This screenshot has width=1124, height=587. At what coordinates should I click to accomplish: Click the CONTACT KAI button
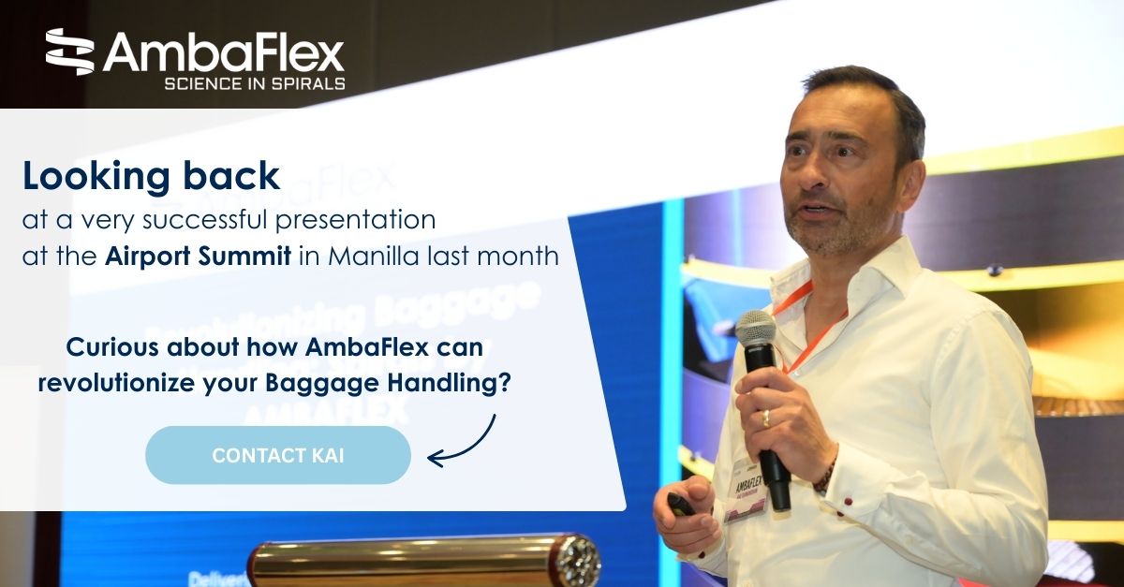point(277,455)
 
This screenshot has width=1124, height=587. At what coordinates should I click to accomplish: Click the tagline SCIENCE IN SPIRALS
point(254,83)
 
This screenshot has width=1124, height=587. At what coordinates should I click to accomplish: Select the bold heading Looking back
point(151,176)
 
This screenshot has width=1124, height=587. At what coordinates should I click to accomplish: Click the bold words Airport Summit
point(200,256)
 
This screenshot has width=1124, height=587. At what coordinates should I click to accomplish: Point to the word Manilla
point(362,256)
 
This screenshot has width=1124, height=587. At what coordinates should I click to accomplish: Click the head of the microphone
point(755,330)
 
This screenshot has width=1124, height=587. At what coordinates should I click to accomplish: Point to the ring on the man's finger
point(765,418)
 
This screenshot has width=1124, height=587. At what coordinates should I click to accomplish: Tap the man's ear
point(905,174)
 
